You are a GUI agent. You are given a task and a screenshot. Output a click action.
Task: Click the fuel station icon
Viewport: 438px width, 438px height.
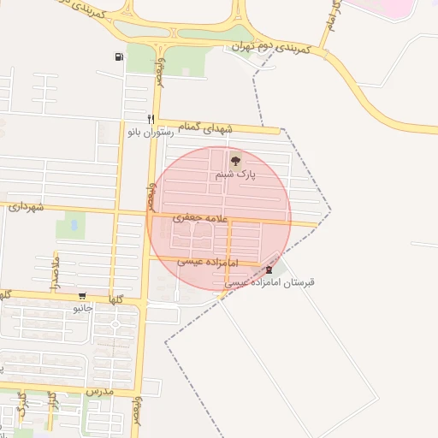118,57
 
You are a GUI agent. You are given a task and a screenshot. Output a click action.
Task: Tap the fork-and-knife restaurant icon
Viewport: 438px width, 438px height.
151,119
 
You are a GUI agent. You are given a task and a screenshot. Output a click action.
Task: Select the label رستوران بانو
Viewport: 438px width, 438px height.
151,133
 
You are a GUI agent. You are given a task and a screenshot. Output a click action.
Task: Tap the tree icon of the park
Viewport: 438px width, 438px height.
234,160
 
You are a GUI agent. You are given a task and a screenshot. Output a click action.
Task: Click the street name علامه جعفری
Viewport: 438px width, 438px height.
202,219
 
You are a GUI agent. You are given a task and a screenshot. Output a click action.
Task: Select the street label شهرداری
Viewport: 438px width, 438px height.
26,207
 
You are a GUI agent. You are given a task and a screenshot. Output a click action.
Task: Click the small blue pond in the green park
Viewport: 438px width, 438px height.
74,226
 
